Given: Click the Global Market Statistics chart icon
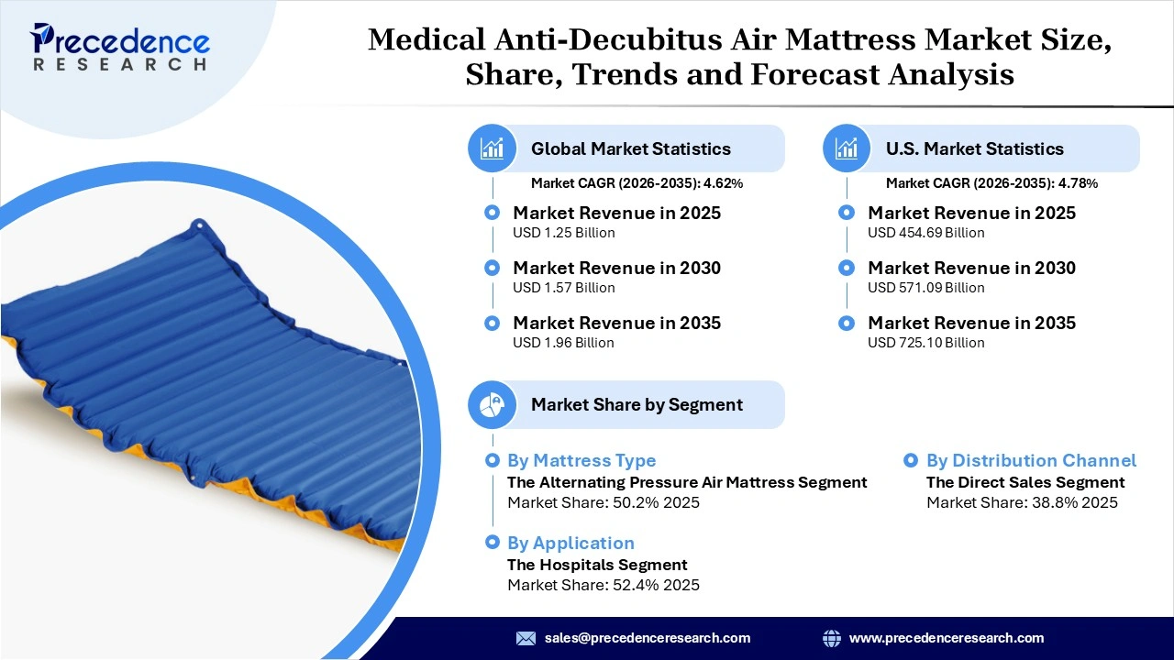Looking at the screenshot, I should pyautogui.click(x=493, y=148).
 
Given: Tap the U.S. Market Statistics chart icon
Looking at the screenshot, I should pyautogui.click(x=847, y=148).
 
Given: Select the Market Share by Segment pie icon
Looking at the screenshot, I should pyautogui.click(x=493, y=404).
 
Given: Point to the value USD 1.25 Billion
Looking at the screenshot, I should pyautogui.click(x=563, y=233).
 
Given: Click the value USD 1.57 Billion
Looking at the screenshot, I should pyautogui.click(x=563, y=288).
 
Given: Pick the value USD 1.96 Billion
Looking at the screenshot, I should pyautogui.click(x=563, y=343).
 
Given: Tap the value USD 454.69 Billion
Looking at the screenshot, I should pyautogui.click(x=925, y=233).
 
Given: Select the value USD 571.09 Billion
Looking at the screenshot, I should pyautogui.click(x=925, y=288).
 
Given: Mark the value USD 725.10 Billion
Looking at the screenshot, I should pyautogui.click(x=925, y=343).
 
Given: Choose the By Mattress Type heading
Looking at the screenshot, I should pyautogui.click(x=581, y=460).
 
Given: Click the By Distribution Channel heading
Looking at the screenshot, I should pyautogui.click(x=1031, y=460).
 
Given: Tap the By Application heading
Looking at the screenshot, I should pyautogui.click(x=570, y=543).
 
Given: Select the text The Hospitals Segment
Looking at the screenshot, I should pyautogui.click(x=597, y=565).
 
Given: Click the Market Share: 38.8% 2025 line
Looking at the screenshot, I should pyautogui.click(x=1022, y=502).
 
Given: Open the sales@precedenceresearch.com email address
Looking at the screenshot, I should pyautogui.click(x=648, y=638).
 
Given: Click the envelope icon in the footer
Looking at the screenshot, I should pyautogui.click(x=526, y=638).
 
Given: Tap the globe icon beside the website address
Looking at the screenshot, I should pyautogui.click(x=832, y=638).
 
